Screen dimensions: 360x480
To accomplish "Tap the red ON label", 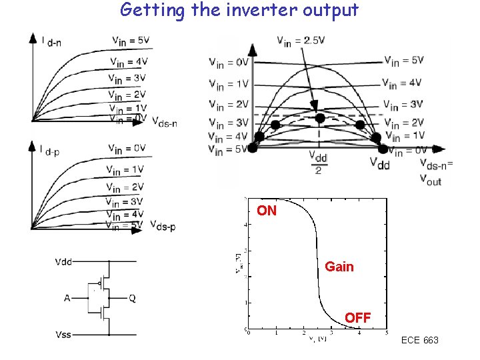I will coord(267,211).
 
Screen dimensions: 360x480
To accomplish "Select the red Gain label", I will coord(339,267).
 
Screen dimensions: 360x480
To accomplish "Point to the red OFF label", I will coord(358,318).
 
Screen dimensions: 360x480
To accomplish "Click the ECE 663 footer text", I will coord(420,341).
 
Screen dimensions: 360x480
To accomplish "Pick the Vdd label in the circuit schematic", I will coord(65,261).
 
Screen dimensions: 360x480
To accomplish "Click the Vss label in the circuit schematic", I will coord(64,334).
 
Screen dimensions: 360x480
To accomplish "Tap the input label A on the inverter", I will coord(67,298).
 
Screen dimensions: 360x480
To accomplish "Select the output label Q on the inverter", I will coord(132,298).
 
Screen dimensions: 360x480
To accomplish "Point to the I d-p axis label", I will coord(51,151).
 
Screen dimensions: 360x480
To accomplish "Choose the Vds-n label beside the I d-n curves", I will coord(164,122).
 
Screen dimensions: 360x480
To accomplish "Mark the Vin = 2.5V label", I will coord(301,40).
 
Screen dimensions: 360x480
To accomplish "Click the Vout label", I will coord(431,178).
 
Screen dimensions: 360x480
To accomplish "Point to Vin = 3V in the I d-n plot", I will coord(127,78).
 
